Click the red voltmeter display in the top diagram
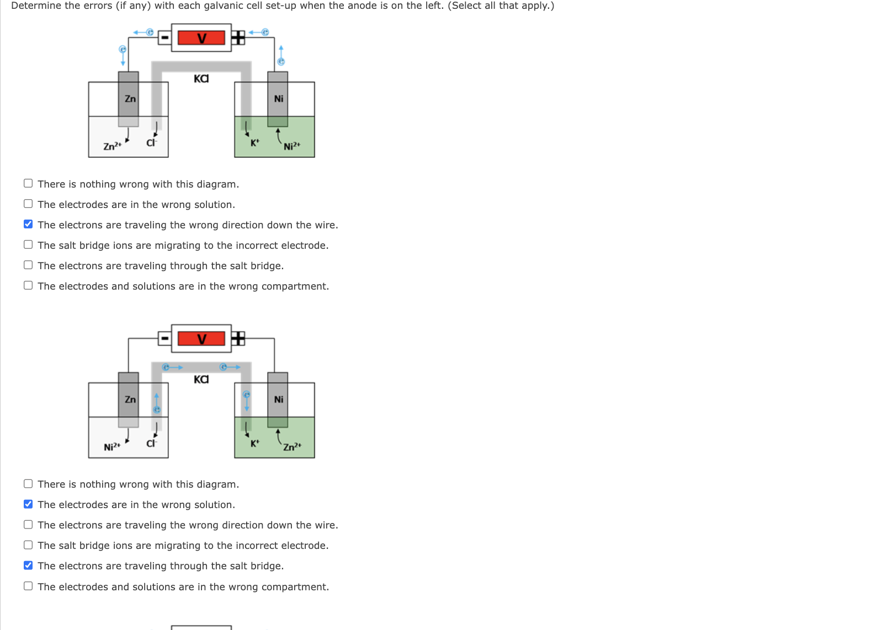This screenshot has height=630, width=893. click(x=201, y=38)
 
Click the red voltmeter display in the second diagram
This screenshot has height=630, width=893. click(x=201, y=338)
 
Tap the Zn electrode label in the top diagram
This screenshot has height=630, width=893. click(x=130, y=99)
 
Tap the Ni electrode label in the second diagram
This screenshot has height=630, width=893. click(x=279, y=399)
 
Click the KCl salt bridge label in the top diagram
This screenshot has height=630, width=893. click(x=201, y=78)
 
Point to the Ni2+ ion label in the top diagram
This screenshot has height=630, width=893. click(x=292, y=146)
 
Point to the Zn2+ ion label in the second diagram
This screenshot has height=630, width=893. click(x=292, y=446)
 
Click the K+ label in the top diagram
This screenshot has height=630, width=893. click(x=254, y=143)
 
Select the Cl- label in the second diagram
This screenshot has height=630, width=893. click(x=151, y=443)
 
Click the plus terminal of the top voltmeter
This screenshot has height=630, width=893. click(x=238, y=38)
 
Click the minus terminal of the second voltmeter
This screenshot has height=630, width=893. click(x=164, y=338)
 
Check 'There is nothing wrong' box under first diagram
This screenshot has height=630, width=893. click(x=28, y=183)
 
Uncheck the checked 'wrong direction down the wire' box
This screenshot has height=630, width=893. click(x=28, y=224)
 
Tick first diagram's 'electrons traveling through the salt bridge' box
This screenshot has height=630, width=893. click(x=28, y=265)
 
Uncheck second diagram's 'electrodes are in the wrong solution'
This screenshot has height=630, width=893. click(x=28, y=504)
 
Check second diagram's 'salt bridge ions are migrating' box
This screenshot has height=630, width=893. click(x=28, y=544)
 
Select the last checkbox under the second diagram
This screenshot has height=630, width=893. click(x=28, y=586)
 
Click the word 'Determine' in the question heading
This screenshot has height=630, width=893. click(x=35, y=6)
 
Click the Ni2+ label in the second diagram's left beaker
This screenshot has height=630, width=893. click(x=112, y=446)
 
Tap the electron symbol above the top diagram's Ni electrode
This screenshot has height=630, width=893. click(x=281, y=62)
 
